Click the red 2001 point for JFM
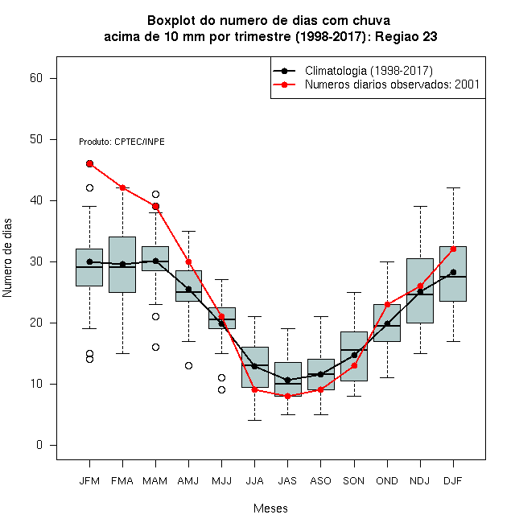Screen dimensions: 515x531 click(89, 164)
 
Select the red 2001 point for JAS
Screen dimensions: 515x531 click(287, 396)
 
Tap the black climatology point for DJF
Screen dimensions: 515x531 click(453, 272)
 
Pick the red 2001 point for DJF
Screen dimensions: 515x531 click(453, 249)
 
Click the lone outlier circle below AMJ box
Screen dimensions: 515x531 click(189, 366)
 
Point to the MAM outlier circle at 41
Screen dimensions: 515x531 click(155, 195)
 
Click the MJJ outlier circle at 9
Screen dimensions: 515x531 click(221, 390)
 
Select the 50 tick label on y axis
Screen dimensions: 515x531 click(36, 139)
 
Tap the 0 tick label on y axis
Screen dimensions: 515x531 click(39, 445)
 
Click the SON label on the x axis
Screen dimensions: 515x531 click(354, 481)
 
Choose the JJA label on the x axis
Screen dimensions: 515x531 click(255, 481)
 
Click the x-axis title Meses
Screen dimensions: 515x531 click(270, 508)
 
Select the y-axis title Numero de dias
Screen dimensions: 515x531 click(7, 258)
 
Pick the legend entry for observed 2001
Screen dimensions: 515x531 click(377, 84)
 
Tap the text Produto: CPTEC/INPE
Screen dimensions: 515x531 click(122, 142)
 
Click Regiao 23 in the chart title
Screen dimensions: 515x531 click(406, 36)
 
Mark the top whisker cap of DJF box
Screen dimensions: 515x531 click(453, 187)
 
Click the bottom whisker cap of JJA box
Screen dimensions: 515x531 click(255, 420)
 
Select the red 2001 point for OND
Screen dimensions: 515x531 click(387, 304)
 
